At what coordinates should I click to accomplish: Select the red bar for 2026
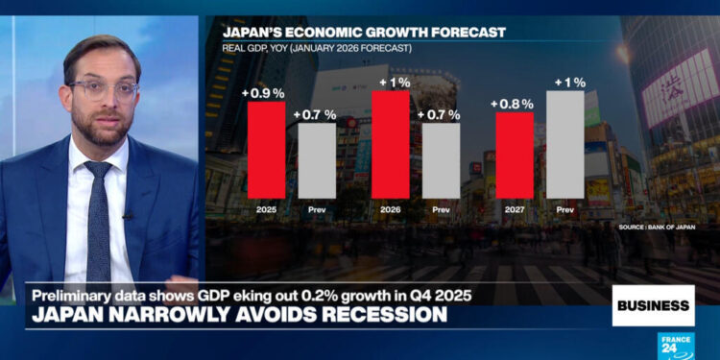pos(390,139)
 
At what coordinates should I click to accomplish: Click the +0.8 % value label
pos(513,103)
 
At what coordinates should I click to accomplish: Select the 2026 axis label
pos(390,207)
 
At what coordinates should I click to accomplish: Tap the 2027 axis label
pos(515,207)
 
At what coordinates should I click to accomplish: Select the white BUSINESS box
pos(653,305)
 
